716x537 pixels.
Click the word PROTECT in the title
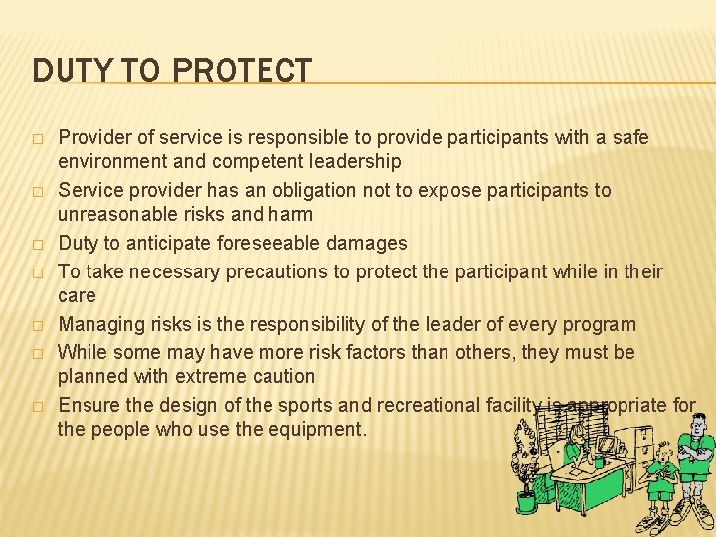coord(242,71)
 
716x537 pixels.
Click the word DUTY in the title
coord(65,71)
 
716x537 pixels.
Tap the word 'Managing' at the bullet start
coord(97,324)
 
